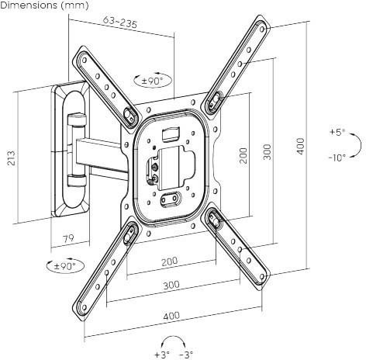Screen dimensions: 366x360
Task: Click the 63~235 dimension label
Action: coord(119,22)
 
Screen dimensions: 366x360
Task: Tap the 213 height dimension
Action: coord(11,158)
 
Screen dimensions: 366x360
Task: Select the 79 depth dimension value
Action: coord(69,238)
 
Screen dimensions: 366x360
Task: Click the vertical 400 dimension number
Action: coord(300,146)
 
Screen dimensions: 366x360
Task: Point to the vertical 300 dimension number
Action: coord(268,152)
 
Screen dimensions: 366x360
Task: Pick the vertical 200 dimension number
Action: coord(243,155)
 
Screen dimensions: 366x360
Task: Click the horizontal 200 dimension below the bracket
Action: coord(170,261)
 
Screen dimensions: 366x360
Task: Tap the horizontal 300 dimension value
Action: coord(171,285)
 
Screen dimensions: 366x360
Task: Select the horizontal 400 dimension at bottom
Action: coord(171,316)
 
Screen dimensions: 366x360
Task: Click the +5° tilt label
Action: coord(337,132)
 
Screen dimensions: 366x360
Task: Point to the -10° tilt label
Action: coord(337,157)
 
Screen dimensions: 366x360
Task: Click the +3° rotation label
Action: coord(162,355)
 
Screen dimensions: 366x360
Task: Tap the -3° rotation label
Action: coord(186,355)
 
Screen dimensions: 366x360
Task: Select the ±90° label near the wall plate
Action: coord(65,265)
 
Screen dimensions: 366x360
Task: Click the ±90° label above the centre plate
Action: coord(153,81)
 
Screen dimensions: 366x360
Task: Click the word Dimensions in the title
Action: coord(29,5)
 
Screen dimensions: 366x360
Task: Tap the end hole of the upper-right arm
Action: coord(262,29)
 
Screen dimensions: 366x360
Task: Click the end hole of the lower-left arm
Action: coord(84,307)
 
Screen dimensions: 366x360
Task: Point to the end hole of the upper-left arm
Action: coord(85,61)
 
